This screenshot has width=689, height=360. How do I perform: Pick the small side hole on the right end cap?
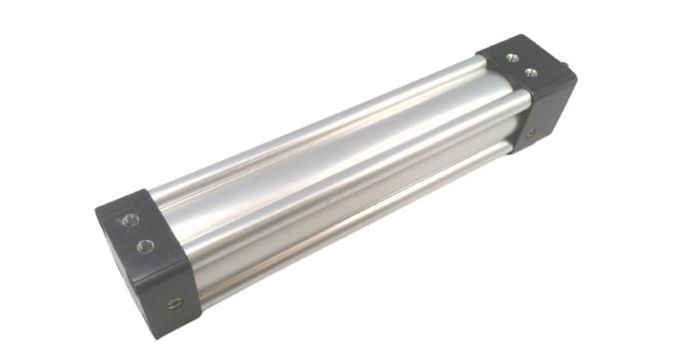529,134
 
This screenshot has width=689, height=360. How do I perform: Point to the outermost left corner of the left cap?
97,210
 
